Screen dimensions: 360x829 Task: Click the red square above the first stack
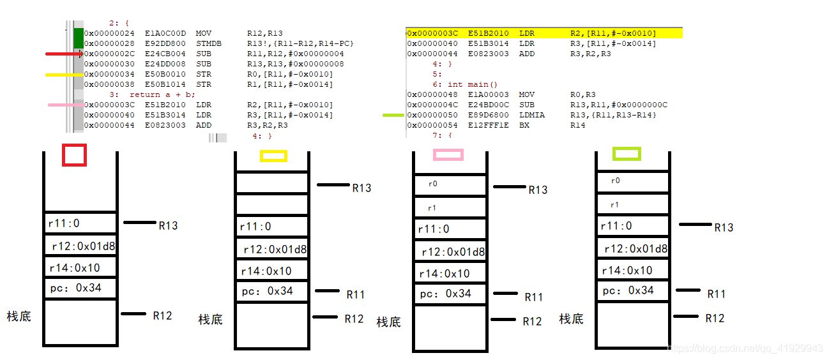73,155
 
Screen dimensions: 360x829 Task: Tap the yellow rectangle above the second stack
273,156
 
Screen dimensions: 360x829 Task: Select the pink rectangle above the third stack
448,154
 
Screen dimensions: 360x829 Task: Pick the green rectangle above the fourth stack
626,154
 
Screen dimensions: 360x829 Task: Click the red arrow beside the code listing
65,54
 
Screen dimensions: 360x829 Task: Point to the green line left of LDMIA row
393,115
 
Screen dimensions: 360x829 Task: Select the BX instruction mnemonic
524,125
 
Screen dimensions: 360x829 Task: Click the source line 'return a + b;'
162,94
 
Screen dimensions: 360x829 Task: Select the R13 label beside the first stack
168,225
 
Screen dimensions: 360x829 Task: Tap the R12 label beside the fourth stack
715,318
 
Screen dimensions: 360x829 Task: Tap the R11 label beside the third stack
533,297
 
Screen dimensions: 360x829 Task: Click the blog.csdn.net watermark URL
745,349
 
